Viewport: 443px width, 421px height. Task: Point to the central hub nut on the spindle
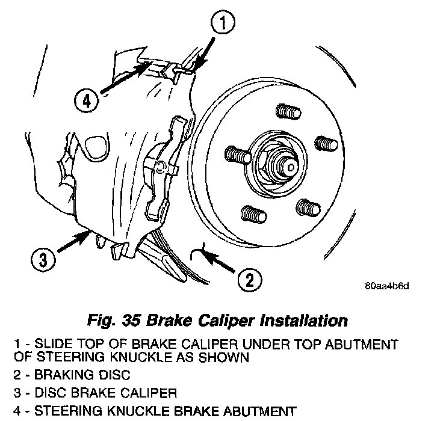click(x=281, y=161)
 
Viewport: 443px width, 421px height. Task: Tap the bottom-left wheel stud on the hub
click(x=250, y=212)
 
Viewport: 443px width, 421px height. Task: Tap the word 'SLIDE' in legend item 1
click(x=52, y=344)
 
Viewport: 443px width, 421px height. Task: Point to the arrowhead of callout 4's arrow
click(x=144, y=65)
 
